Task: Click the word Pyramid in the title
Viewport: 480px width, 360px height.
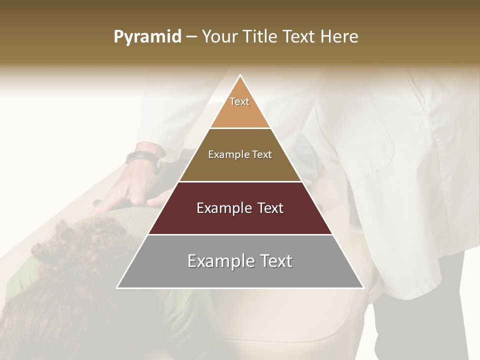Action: [147, 37]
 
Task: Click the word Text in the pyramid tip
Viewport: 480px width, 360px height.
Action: [239, 101]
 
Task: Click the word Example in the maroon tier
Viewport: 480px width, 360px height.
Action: [222, 208]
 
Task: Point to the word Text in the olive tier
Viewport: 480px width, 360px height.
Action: [261, 154]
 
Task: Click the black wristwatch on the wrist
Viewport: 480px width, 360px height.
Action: [144, 159]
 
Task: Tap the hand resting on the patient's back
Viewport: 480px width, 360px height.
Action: [130, 190]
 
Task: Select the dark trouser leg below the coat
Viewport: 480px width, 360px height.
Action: [425, 320]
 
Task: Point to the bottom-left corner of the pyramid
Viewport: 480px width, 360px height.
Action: [117, 287]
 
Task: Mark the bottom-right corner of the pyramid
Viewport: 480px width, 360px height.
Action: [363, 287]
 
